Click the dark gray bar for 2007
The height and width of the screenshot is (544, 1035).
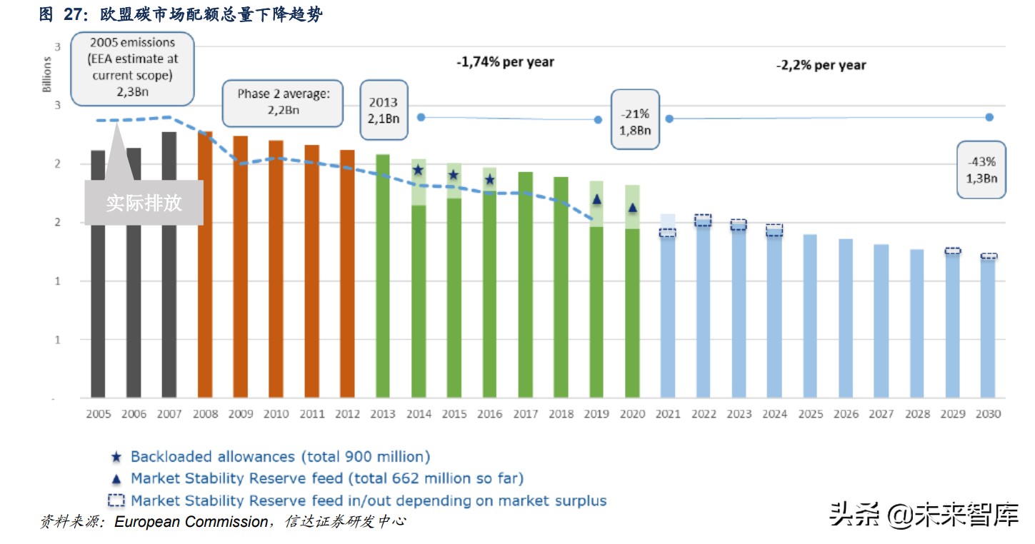click(x=169, y=264)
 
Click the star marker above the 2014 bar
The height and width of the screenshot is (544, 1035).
click(x=419, y=170)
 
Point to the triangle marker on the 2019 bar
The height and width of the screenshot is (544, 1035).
click(x=597, y=199)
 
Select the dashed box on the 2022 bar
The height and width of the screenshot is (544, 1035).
click(x=704, y=221)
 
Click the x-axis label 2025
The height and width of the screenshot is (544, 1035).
click(x=810, y=414)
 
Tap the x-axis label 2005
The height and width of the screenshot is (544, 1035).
click(x=98, y=414)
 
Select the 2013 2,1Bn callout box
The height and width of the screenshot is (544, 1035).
click(x=384, y=110)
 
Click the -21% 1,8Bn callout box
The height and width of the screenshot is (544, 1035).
click(x=635, y=120)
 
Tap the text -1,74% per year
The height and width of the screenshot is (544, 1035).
click(x=505, y=62)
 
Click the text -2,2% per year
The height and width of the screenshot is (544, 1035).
click(x=821, y=65)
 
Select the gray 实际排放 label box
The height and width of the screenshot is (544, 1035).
click(x=144, y=203)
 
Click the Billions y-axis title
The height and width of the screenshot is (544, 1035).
click(x=47, y=76)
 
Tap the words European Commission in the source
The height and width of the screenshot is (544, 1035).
click(x=190, y=522)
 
